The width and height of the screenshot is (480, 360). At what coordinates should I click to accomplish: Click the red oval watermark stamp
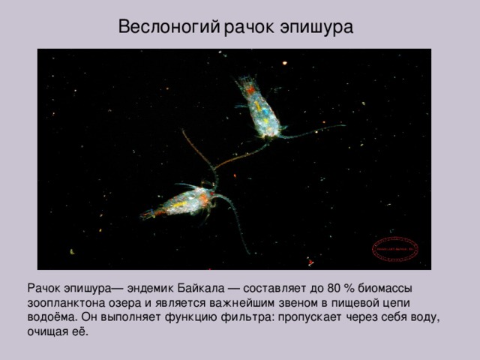396,249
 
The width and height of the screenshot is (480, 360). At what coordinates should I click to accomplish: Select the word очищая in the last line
49,331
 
